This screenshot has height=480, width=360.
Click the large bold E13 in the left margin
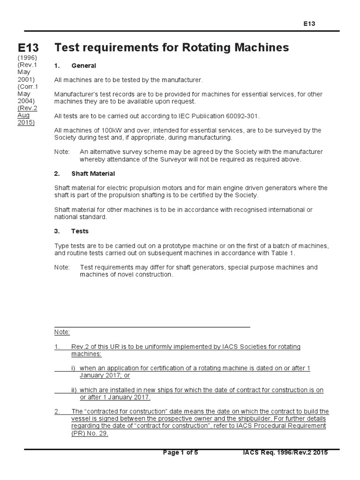pyautogui.click(x=29, y=48)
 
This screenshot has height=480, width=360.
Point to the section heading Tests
pyautogui.click(x=80, y=231)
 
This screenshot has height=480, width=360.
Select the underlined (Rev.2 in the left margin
pyautogui.click(x=27, y=108)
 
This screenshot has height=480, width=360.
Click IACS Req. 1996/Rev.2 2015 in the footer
pyautogui.click(x=285, y=452)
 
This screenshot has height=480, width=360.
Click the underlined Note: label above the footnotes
pyautogui.click(x=62, y=332)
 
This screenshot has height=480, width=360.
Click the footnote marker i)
pyautogui.click(x=74, y=368)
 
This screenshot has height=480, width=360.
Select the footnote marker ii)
pyautogui.click(x=74, y=390)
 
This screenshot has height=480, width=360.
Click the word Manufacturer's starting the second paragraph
pyautogui.click(x=76, y=94)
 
